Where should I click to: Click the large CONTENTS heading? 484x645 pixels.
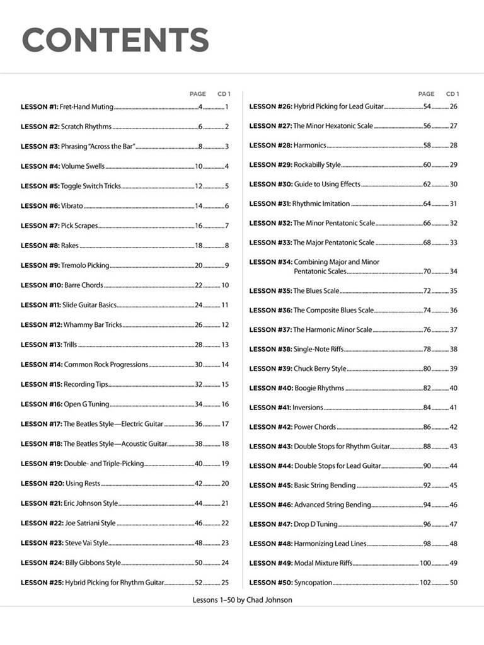115,40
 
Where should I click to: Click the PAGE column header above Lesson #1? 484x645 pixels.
197,94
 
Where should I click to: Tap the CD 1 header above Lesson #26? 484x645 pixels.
452,94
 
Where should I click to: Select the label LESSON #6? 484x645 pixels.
39,206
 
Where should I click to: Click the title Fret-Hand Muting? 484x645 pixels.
87,107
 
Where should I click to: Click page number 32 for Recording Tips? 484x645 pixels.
199,384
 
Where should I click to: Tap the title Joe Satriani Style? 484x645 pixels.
90,523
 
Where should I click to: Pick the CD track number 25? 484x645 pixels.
225,583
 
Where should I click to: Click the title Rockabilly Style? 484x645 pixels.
317,165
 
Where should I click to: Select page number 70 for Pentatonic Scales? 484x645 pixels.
427,271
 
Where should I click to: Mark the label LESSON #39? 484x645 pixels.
270,368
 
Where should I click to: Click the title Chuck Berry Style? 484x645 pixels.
320,368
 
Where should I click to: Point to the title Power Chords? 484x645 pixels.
315,427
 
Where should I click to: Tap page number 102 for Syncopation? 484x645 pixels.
425,583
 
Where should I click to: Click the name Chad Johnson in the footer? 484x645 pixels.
271,600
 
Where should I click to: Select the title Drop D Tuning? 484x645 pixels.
316,524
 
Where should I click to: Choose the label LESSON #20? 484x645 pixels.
42,484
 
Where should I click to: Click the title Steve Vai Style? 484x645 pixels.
86,543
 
